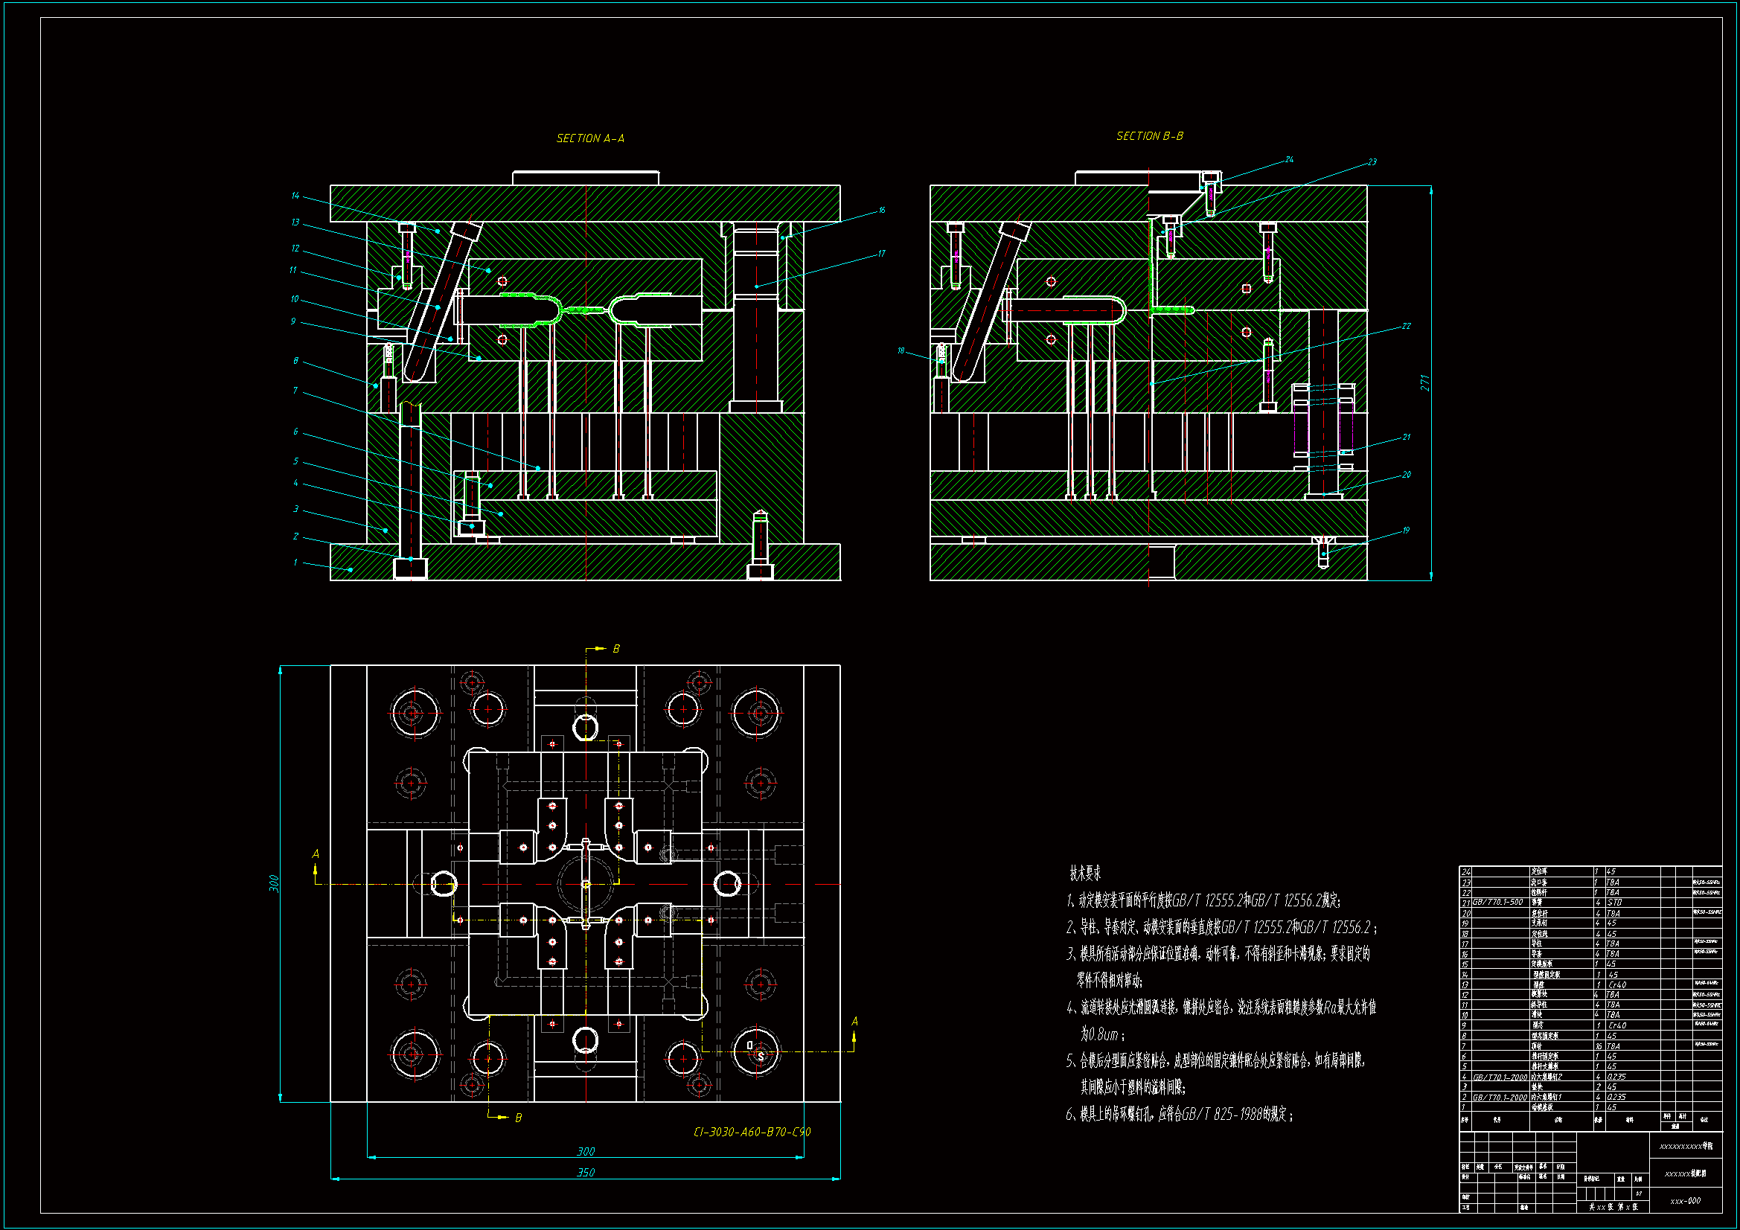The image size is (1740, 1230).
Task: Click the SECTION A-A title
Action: pos(590,138)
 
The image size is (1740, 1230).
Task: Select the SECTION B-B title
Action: pos(1150,136)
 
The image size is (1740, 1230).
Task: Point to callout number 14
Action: pos(295,196)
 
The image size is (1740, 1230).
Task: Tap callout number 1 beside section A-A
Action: pos(295,563)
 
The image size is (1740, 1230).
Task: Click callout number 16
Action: pos(882,211)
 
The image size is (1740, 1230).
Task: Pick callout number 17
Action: pos(882,254)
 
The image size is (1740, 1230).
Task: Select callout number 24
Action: pos(1289,160)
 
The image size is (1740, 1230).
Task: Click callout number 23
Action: pos(1372,162)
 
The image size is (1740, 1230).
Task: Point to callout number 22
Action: pos(1406,327)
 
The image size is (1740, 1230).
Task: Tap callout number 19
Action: pos(1406,531)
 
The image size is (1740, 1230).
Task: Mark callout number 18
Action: pos(901,351)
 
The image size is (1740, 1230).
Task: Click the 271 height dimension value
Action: pos(1424,382)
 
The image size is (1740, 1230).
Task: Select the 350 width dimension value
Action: pos(586,1173)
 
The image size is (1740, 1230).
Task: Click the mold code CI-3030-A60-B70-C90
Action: pos(752,1133)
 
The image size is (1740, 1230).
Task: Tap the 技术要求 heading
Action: pos(1085,874)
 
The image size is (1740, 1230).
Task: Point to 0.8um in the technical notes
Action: pos(1100,1034)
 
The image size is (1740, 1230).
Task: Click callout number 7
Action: pos(295,391)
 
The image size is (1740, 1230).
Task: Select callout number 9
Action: pos(293,322)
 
